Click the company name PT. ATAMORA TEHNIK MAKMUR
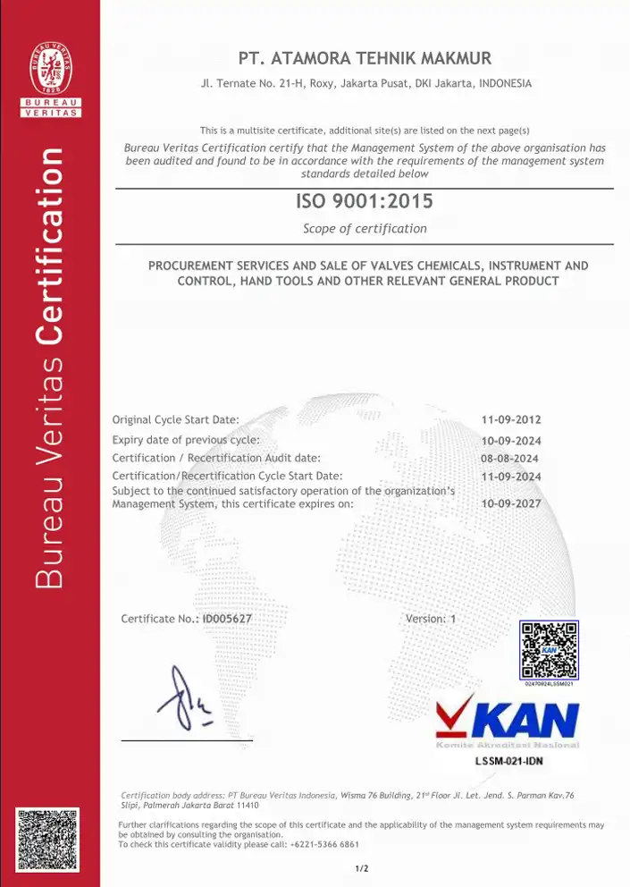[x=365, y=59]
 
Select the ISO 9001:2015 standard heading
[x=364, y=202]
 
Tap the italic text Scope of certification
[x=365, y=228]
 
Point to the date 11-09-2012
[x=511, y=419]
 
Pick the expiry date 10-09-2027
[x=511, y=503]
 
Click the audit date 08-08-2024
[x=509, y=459]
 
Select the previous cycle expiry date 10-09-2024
[x=511, y=441]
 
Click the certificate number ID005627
[x=228, y=619]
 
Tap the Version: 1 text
[x=431, y=619]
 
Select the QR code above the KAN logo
[x=549, y=650]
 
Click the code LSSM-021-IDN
[x=508, y=762]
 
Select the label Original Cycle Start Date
[x=175, y=419]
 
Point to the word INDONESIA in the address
[x=505, y=84]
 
